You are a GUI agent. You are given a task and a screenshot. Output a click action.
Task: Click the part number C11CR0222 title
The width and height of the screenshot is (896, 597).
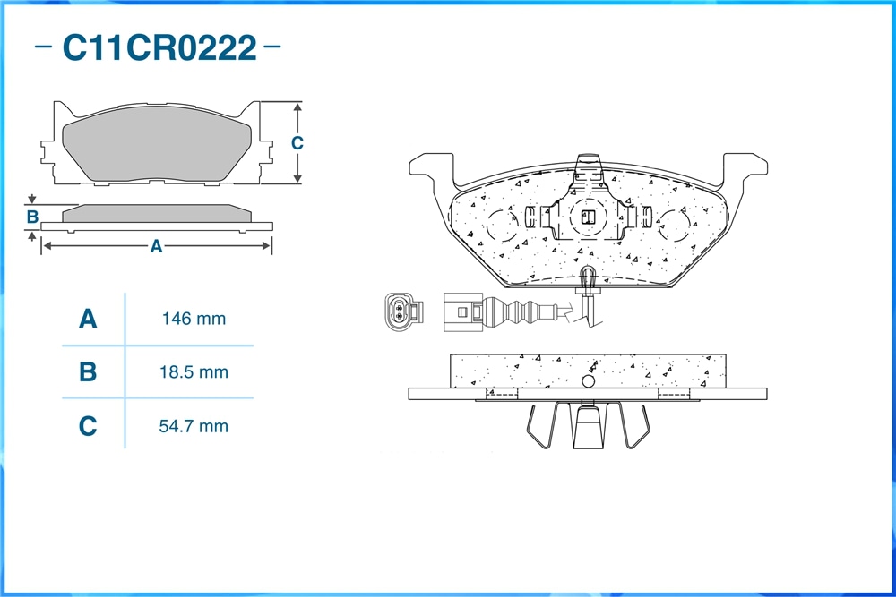[x=159, y=47]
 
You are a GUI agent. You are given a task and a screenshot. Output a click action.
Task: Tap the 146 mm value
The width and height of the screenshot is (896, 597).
[x=194, y=319]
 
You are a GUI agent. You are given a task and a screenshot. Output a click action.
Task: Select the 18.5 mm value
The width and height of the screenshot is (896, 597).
[x=194, y=372]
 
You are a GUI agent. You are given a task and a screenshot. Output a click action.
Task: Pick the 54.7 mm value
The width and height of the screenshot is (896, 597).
[x=194, y=426]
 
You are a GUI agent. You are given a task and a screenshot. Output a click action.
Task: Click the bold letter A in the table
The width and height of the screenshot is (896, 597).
[x=88, y=319]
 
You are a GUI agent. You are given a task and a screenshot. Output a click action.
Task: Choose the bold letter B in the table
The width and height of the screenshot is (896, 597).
[x=88, y=372]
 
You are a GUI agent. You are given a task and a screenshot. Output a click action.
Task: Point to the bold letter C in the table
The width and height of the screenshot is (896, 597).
[x=88, y=426]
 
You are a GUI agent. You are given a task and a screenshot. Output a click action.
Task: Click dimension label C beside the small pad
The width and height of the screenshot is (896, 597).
[x=297, y=142]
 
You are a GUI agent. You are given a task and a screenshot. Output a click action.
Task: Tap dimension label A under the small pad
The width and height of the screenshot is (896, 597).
[x=156, y=246]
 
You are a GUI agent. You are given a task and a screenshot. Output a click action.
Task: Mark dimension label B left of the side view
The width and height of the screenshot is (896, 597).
[x=32, y=217]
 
